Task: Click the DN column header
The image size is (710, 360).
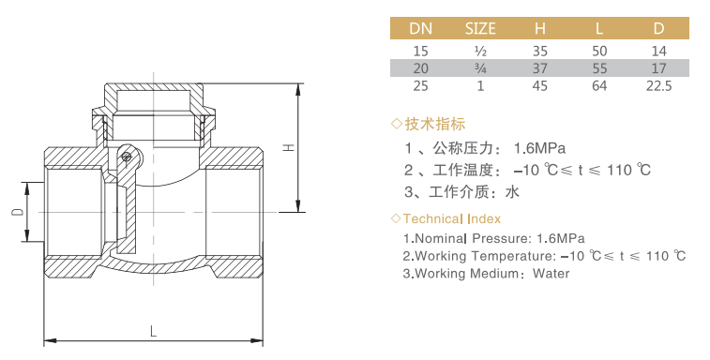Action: tap(421, 28)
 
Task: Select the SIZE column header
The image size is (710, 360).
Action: tap(480, 28)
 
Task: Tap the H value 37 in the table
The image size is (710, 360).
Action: tap(539, 68)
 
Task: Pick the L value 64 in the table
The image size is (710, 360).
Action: tap(599, 85)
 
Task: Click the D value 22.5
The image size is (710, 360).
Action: tap(658, 85)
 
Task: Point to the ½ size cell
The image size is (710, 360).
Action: tap(480, 52)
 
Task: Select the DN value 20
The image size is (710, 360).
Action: tap(421, 68)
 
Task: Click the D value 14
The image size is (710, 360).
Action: tap(658, 52)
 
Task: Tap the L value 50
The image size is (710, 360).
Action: tap(599, 52)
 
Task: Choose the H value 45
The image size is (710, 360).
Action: tap(539, 85)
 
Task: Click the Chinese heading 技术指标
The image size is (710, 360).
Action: tap(434, 124)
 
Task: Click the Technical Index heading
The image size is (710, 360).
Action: tap(452, 219)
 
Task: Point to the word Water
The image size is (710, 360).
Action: tap(551, 274)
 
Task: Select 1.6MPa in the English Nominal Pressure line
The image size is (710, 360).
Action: tap(561, 238)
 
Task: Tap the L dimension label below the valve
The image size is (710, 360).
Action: tap(154, 332)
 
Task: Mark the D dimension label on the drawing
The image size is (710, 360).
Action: tap(18, 212)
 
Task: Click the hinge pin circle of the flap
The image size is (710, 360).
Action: tap(126, 157)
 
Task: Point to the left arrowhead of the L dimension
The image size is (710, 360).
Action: tap(50, 340)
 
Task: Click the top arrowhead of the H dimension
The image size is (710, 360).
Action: tap(298, 89)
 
